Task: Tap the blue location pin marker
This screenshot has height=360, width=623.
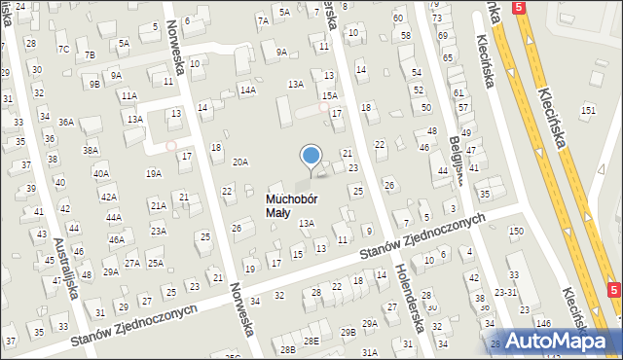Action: (x=311, y=157)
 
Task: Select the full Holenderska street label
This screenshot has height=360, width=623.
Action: (x=407, y=298)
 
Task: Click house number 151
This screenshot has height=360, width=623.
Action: (x=588, y=111)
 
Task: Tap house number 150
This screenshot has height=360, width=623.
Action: (x=515, y=231)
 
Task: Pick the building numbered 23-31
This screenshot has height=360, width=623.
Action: (x=506, y=292)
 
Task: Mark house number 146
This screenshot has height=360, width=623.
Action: (x=543, y=321)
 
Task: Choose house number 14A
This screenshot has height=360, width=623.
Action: (x=248, y=90)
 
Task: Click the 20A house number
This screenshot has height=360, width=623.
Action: (x=239, y=162)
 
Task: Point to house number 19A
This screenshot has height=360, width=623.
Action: (x=153, y=173)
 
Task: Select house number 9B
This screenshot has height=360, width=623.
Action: (x=94, y=84)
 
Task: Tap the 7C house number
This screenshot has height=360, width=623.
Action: (x=63, y=49)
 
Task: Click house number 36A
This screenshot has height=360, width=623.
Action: (x=65, y=122)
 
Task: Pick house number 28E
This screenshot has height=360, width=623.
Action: (x=311, y=341)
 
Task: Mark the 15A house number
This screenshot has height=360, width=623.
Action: (x=330, y=95)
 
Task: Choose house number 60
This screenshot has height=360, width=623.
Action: (x=398, y=18)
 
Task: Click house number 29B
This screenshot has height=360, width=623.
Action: (x=348, y=332)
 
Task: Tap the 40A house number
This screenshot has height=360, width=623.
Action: (x=100, y=173)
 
